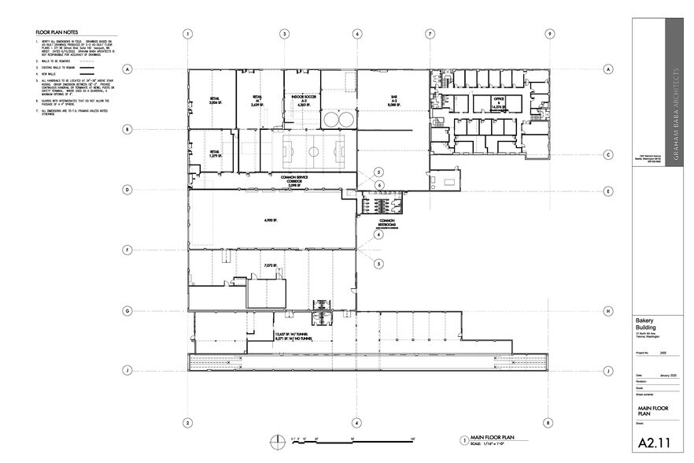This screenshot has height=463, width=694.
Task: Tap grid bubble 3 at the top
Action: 284,34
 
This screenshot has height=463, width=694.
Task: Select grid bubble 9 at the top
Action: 548,34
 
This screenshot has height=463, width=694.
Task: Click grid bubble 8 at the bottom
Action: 548,422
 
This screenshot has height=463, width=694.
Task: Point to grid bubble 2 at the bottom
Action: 188,422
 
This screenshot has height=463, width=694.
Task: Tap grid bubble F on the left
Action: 127,250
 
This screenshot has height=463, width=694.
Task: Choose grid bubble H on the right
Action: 608,310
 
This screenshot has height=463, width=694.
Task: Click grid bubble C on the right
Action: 608,155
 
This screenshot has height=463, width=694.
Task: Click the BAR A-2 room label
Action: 393,102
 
